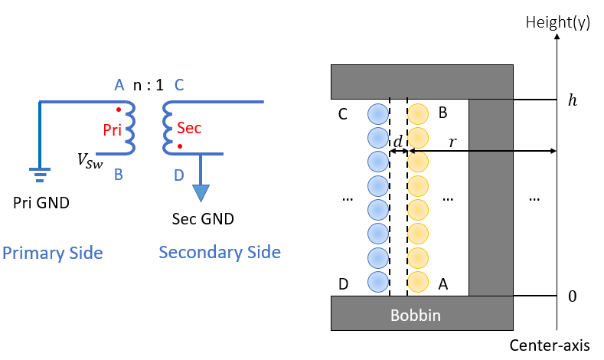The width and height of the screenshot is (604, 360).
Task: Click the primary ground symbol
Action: pos(40,174)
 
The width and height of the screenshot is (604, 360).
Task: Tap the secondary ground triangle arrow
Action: pos(201,193)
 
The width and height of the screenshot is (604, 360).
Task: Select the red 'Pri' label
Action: pos(112,130)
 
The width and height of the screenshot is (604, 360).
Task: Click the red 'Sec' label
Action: pos(189,128)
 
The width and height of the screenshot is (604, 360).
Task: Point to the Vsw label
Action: pos(90,161)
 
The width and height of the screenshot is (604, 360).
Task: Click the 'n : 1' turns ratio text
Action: pos(149,85)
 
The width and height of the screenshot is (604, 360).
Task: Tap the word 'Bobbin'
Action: pos(415,316)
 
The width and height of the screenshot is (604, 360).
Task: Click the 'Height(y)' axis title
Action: pos(558,22)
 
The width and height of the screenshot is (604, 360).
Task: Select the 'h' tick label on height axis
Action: pos(573,100)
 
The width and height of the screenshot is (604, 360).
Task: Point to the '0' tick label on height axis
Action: pos(573,296)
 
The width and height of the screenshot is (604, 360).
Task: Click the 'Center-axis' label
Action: pos(550,345)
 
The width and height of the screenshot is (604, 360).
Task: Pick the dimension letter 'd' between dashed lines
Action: pos(398,141)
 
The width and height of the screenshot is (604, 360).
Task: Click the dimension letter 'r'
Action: pos(452,142)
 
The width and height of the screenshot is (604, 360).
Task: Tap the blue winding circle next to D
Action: pos(378,282)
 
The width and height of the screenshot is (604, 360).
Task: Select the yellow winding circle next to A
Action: pos(418,282)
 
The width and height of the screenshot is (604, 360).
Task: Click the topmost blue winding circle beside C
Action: pos(378,114)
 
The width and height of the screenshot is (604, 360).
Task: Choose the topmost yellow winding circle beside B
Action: pos(418,114)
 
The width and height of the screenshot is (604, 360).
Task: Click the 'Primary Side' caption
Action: pos(53,254)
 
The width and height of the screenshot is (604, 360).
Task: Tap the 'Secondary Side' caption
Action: pos(220,253)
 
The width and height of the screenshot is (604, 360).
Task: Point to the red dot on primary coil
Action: pos(119,110)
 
